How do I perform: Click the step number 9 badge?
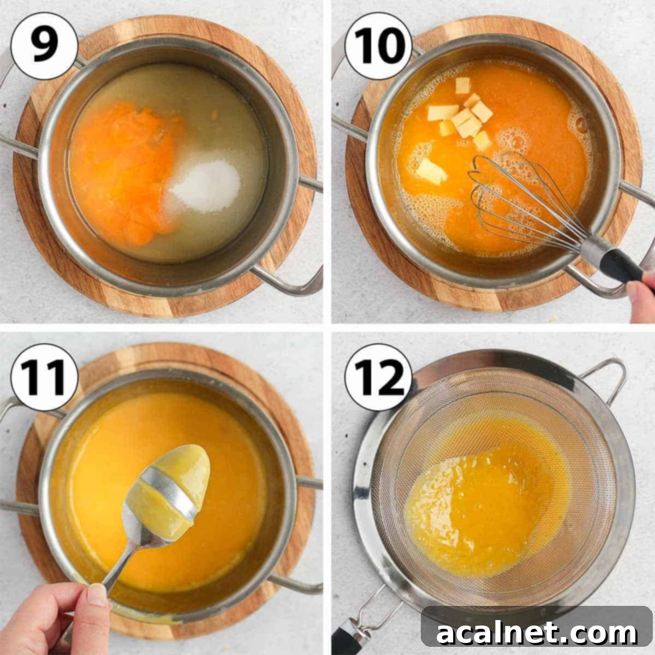[44, 46]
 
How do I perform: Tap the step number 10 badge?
[378, 46]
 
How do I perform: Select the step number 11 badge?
[44, 377]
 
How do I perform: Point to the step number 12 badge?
[378, 377]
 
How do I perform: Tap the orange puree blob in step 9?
[128, 171]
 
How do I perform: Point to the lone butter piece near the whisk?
[431, 171]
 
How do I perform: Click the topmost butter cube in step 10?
[462, 85]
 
